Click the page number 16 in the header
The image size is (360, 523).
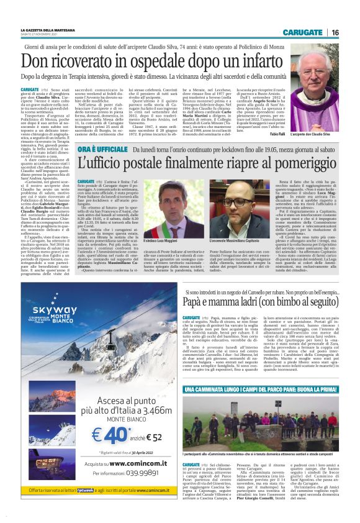click(x=335, y=32)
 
